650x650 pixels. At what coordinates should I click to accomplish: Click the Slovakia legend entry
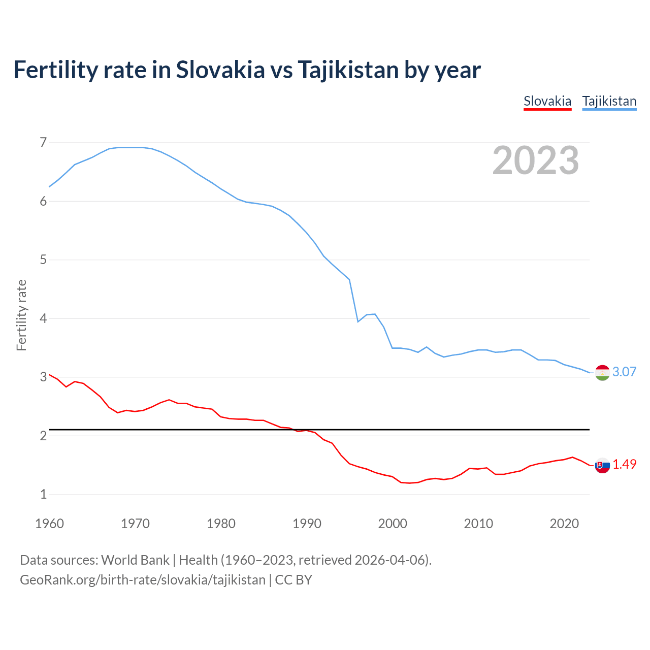click(x=547, y=101)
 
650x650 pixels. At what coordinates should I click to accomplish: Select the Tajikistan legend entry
click(x=609, y=101)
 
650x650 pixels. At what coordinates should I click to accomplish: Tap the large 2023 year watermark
click(x=535, y=160)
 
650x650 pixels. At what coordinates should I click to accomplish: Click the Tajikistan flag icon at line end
click(x=602, y=372)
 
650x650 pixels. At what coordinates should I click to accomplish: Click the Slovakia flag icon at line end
click(x=602, y=465)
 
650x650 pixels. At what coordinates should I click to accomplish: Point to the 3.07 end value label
click(x=624, y=372)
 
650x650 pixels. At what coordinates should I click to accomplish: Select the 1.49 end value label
click(x=624, y=464)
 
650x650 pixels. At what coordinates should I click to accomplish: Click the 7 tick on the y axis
click(x=43, y=142)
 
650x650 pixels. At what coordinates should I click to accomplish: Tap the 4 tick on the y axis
click(x=43, y=318)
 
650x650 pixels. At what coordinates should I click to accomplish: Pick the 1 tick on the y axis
click(x=43, y=494)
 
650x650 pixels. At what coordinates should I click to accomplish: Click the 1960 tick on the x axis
click(x=49, y=524)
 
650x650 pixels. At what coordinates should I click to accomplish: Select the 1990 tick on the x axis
click(x=307, y=524)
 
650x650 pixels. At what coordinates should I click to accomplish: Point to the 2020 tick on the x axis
click(x=564, y=524)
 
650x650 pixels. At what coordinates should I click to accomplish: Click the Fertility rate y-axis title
click(x=21, y=315)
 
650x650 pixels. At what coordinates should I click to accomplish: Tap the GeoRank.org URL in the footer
click(x=142, y=580)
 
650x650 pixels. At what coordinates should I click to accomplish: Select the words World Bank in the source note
click(x=135, y=560)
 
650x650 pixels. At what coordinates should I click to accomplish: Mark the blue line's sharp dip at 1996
click(x=358, y=321)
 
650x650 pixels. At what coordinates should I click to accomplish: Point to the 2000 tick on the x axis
click(x=393, y=524)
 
